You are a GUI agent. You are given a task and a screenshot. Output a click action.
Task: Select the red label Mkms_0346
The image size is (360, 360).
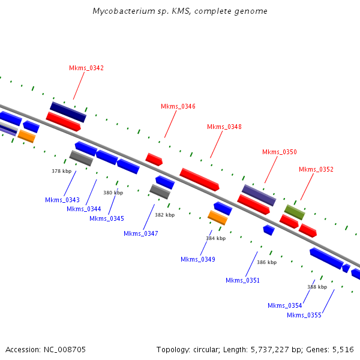[x=178, y=106]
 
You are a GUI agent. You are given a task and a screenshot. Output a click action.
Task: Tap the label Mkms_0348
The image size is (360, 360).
[x=224, y=127]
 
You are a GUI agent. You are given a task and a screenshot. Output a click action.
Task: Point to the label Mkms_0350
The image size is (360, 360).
[x=279, y=152]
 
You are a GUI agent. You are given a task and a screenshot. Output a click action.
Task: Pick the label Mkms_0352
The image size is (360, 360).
[x=316, y=169]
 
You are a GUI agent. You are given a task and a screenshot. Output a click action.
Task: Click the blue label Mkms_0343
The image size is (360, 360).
[x=62, y=200]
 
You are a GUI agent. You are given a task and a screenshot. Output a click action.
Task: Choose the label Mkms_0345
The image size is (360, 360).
[x=107, y=218]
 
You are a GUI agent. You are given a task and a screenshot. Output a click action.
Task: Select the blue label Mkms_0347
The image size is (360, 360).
[x=141, y=233]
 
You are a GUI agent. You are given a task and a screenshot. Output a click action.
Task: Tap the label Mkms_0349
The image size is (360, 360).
[x=198, y=259]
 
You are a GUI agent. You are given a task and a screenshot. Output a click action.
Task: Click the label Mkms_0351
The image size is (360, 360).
[x=242, y=280]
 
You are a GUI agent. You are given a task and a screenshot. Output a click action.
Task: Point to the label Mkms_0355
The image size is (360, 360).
[x=304, y=315]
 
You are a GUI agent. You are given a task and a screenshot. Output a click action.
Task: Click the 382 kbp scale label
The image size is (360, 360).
[x=164, y=215]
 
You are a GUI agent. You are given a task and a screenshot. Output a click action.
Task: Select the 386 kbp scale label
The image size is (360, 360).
[x=266, y=262]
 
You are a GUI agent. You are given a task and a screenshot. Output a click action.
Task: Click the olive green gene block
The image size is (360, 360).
[x=295, y=212]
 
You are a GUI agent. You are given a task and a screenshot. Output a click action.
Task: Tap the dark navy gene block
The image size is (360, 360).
[x=68, y=112]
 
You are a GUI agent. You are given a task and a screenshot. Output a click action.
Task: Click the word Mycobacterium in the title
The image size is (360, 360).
[x=120, y=11]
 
